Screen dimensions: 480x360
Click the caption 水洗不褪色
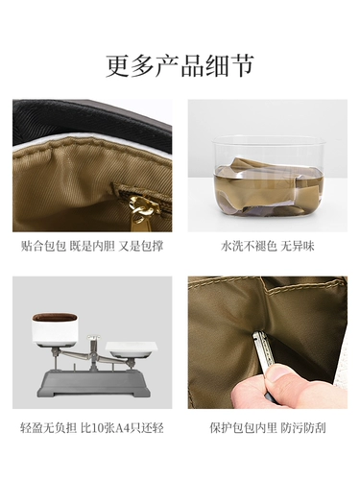point(241,247)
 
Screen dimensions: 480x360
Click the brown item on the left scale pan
point(57,318)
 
